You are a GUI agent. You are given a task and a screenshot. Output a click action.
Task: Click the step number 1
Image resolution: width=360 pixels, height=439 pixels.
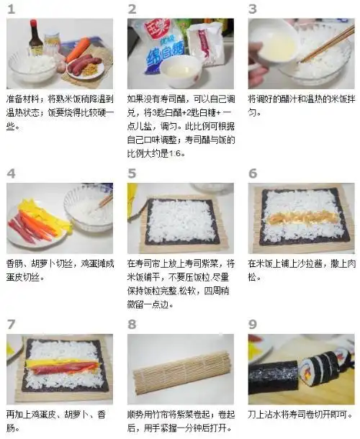click(x=12, y=9)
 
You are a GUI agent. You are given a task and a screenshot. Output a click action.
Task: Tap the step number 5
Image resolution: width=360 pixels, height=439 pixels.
click(x=132, y=173)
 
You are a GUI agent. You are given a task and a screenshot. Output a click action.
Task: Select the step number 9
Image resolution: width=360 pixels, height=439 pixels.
click(x=253, y=324)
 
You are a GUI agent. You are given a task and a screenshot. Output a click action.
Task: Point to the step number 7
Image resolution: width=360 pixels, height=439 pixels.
click(x=11, y=324)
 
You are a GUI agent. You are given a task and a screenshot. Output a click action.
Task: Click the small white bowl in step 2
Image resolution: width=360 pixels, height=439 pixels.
click(x=180, y=72)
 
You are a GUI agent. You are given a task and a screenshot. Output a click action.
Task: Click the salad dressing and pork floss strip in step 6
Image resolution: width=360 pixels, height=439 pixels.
click(x=301, y=215)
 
